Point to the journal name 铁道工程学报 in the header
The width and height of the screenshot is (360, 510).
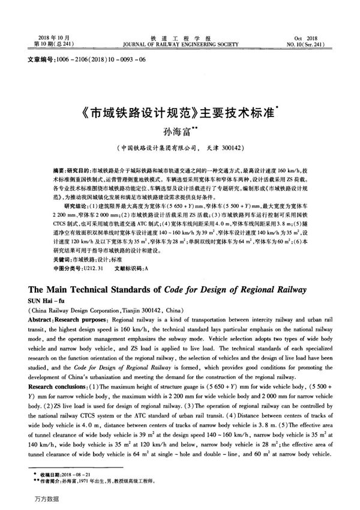click(180, 38)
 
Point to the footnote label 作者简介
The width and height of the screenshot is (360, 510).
click(50, 481)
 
